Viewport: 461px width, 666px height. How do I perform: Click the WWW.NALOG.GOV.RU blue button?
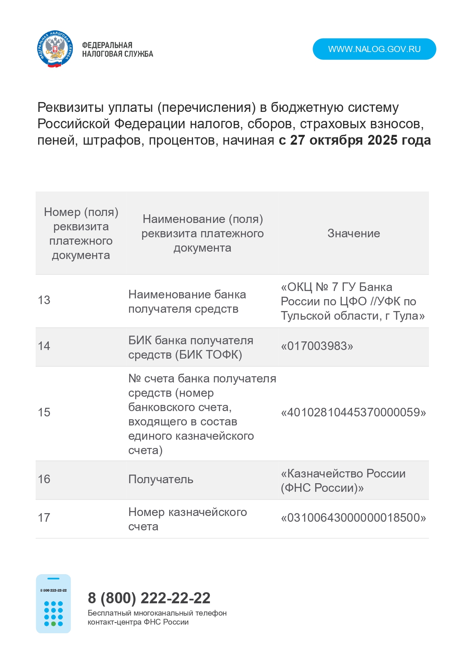click(374, 49)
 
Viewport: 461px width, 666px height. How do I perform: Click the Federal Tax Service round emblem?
click(55, 49)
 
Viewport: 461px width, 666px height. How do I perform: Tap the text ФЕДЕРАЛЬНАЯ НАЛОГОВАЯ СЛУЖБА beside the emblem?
click(117, 50)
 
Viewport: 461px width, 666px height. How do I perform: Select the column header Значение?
click(354, 234)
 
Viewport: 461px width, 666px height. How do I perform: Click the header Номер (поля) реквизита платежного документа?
click(81, 234)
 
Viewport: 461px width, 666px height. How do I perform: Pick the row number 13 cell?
click(44, 300)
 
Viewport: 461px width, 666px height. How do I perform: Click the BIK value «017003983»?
click(317, 346)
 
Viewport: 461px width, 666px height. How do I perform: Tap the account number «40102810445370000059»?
click(353, 413)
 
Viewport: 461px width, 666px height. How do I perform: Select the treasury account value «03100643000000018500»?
click(353, 518)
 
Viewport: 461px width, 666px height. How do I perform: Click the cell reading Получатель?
click(161, 480)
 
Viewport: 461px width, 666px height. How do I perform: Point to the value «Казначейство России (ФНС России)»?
click(343, 481)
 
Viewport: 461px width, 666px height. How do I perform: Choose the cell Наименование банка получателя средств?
click(187, 302)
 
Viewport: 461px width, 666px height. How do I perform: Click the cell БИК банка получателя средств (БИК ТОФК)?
click(191, 348)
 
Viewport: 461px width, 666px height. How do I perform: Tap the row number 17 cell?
click(44, 518)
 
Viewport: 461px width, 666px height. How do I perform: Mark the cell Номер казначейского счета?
click(187, 519)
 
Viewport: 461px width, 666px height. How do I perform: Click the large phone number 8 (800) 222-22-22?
click(149, 598)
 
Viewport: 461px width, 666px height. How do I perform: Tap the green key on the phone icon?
click(53, 624)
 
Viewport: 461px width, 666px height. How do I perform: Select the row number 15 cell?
click(44, 413)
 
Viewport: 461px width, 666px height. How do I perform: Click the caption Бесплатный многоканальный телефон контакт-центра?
click(157, 618)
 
